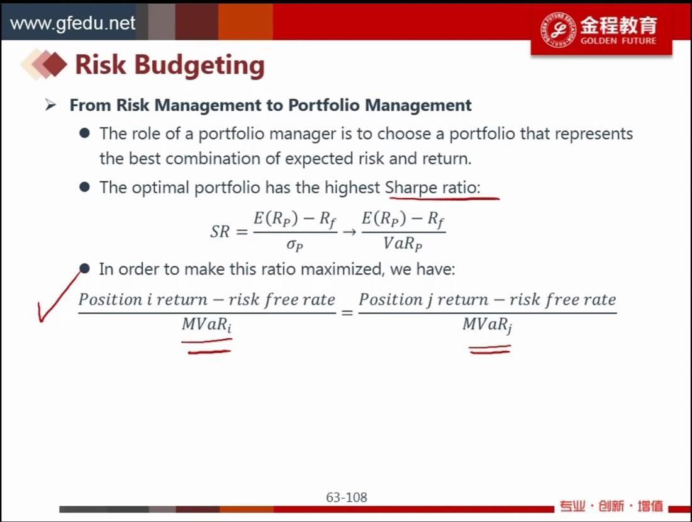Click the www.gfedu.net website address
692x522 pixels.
(72, 23)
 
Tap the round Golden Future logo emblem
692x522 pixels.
(558, 30)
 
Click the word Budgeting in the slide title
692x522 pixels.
(199, 66)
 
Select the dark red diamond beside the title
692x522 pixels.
(55, 64)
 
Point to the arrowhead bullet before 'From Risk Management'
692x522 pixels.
(50, 105)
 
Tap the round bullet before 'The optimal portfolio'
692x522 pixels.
(85, 187)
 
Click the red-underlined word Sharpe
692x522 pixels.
(411, 188)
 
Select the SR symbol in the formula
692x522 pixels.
(220, 232)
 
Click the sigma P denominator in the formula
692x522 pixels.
(294, 245)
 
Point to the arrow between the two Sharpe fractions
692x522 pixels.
(350, 232)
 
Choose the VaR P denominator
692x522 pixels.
(403, 243)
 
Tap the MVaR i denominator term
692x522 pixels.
(206, 324)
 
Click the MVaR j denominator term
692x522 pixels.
(487, 325)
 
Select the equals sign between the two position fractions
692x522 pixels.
(347, 313)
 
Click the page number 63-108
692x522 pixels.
(347, 497)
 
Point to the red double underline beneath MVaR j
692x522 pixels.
(490, 350)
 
